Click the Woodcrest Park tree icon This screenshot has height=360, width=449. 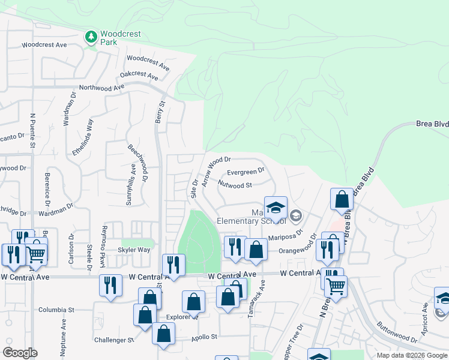click(x=91, y=38)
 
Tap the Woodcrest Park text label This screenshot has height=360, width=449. click(x=120, y=38)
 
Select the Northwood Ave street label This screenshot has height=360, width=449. click(x=101, y=88)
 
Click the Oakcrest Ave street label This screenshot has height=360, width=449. click(x=139, y=76)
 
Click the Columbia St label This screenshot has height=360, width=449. click(x=56, y=310)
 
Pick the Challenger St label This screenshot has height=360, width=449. click(x=114, y=340)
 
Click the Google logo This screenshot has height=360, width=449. click(x=20, y=353)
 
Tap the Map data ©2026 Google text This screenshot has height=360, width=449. click(x=412, y=355)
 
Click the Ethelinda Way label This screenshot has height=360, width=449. click(x=82, y=137)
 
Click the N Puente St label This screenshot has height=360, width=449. click(x=33, y=131)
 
